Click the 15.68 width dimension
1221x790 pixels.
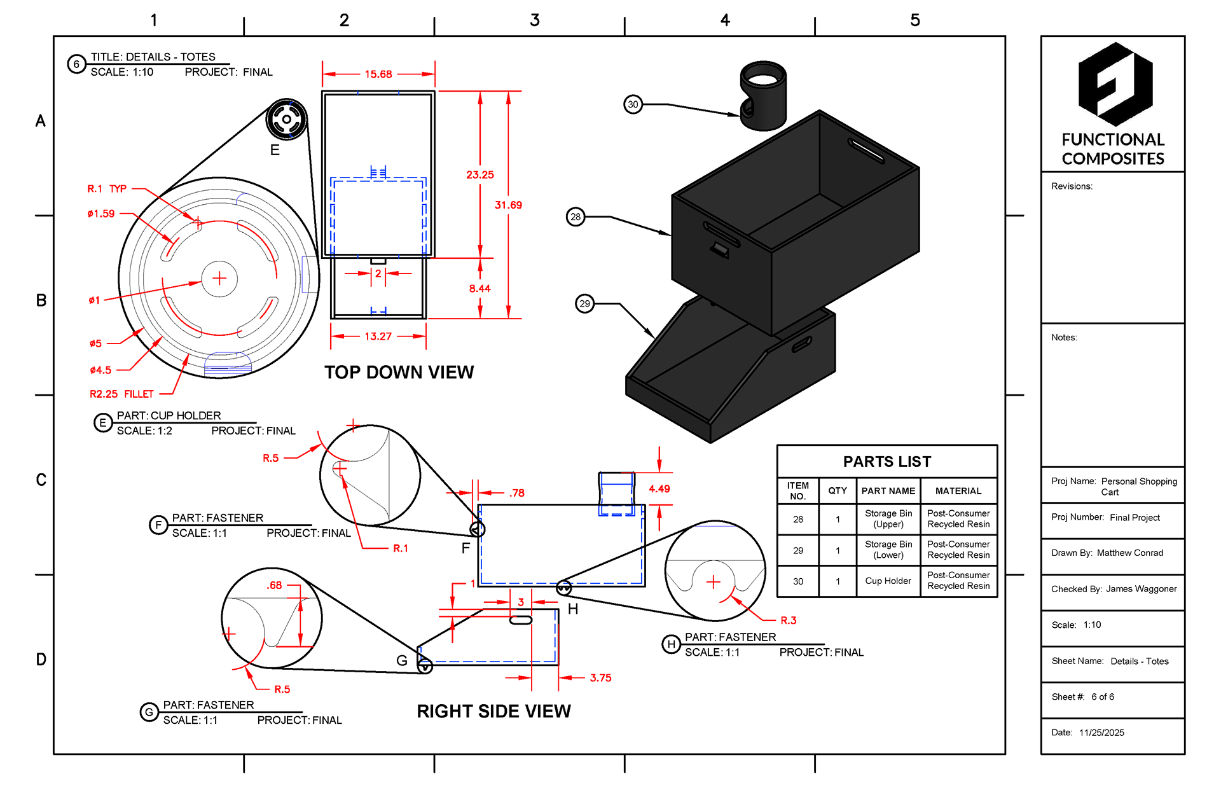coord(378,74)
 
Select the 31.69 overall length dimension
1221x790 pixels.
coord(508,205)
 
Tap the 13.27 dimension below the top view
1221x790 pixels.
coord(378,336)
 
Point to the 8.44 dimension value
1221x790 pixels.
coord(480,289)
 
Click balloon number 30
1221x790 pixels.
coord(633,104)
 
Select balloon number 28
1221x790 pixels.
coord(576,217)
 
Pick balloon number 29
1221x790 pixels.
coord(585,303)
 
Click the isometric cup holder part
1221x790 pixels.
coord(763,95)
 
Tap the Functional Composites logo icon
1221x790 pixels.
coord(1115,84)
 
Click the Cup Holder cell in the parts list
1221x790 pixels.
coord(888,581)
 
